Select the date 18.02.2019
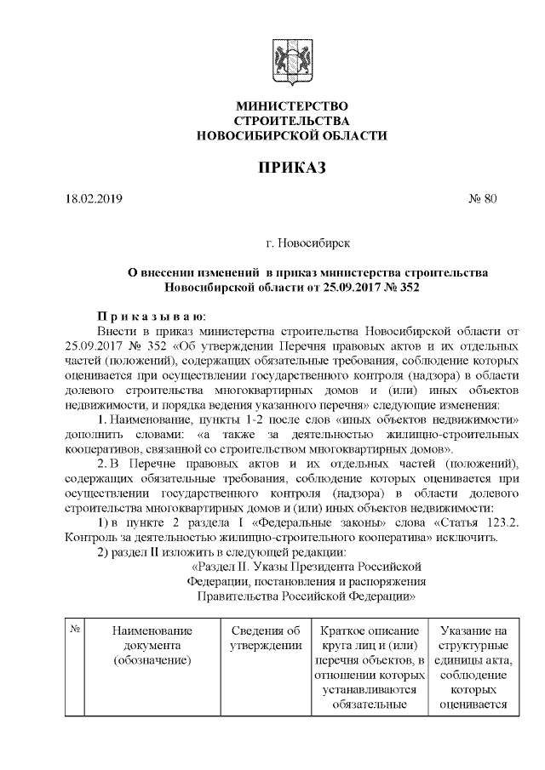click(x=95, y=200)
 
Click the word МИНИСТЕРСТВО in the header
click(x=292, y=106)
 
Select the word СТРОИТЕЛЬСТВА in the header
click(x=292, y=121)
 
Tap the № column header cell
click(x=75, y=630)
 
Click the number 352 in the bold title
click(x=410, y=288)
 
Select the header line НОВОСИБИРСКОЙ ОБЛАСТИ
click(x=292, y=135)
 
